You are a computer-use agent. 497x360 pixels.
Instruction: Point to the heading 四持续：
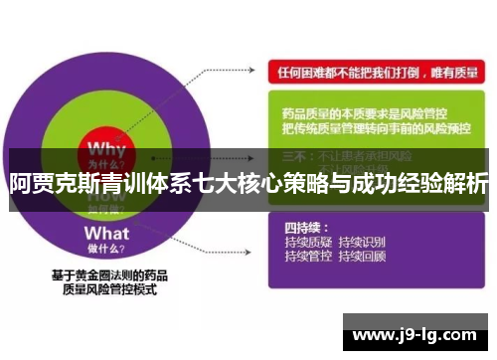pos(302,227)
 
